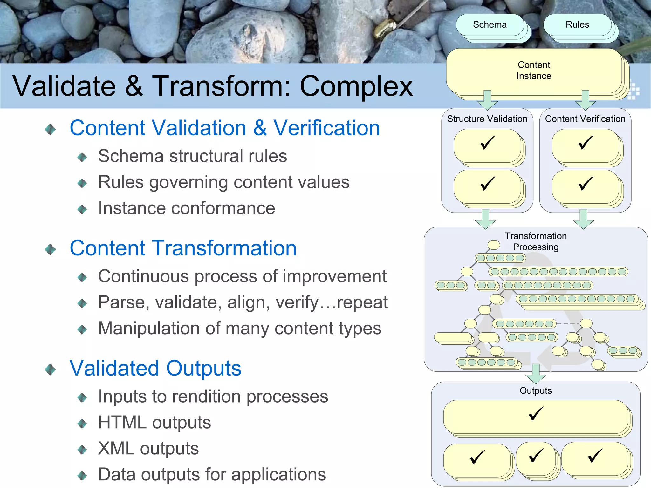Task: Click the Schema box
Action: point(490,25)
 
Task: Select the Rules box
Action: point(577,25)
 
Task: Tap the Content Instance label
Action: point(534,71)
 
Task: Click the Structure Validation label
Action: point(487,119)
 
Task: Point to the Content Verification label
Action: point(585,119)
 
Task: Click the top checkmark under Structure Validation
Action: point(487,143)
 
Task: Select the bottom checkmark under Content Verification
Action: point(585,184)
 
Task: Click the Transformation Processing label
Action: point(536,241)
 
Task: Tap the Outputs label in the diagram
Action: point(536,390)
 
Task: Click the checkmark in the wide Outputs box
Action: point(536,414)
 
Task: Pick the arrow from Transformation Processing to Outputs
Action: point(536,374)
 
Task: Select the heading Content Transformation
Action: point(183,248)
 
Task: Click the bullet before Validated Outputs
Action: point(51,369)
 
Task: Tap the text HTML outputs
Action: point(154,423)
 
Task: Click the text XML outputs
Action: point(148,449)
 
